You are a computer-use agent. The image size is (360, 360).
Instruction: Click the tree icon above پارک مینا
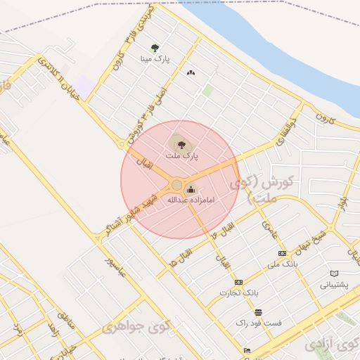[x=155, y=48]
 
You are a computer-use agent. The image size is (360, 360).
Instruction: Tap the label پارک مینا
[x=156, y=60]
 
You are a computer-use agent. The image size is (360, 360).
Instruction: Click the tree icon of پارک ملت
[x=181, y=144]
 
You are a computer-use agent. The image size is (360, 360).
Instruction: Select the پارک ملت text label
[x=182, y=155]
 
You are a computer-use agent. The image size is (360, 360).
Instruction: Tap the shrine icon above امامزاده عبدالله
[x=191, y=188]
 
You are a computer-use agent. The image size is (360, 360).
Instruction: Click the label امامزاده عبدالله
[x=190, y=200]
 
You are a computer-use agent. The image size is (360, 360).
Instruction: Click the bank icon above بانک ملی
[x=282, y=253]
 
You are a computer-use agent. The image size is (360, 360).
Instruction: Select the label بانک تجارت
[x=240, y=292]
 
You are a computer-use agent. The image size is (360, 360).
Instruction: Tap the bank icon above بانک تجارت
[x=238, y=282]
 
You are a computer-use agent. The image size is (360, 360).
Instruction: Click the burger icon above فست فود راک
[x=259, y=312]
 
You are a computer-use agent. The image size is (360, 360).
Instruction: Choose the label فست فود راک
[x=259, y=323]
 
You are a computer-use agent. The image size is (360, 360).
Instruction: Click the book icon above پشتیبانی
[x=334, y=274]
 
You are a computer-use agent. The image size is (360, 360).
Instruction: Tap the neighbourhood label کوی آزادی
[x=330, y=345]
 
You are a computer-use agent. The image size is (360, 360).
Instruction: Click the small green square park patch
[x=207, y=90]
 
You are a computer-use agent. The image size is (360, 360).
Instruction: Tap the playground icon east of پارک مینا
[x=191, y=72]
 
